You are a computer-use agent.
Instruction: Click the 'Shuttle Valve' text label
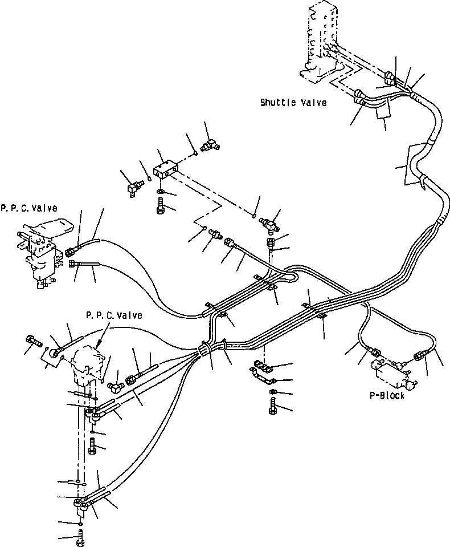[x=293, y=103]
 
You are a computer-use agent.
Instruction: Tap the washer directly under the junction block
[x=160, y=192]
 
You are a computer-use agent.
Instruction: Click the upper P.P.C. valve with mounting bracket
[x=40, y=248]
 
